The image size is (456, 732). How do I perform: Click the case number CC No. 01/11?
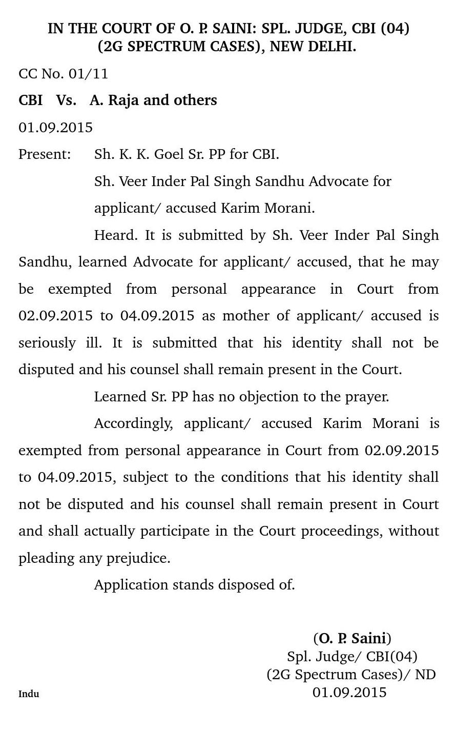[63, 74]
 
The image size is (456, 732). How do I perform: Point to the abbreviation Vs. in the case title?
[66, 100]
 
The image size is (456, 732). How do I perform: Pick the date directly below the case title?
[55, 127]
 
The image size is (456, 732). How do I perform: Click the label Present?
[45, 154]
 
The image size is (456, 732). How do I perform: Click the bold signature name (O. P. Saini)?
[352, 639]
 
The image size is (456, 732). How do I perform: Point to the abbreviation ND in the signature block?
[425, 675]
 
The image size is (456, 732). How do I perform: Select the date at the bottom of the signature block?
[349, 693]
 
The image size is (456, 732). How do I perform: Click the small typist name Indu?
[29, 694]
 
